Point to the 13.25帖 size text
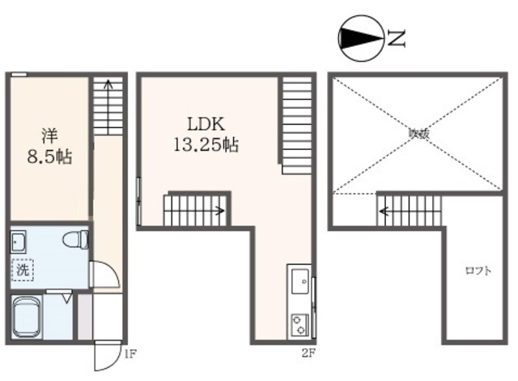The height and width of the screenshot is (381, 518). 205,146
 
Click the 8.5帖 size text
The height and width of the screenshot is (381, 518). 49,156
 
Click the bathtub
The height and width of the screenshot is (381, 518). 30,317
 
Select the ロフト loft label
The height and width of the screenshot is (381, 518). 477,271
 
